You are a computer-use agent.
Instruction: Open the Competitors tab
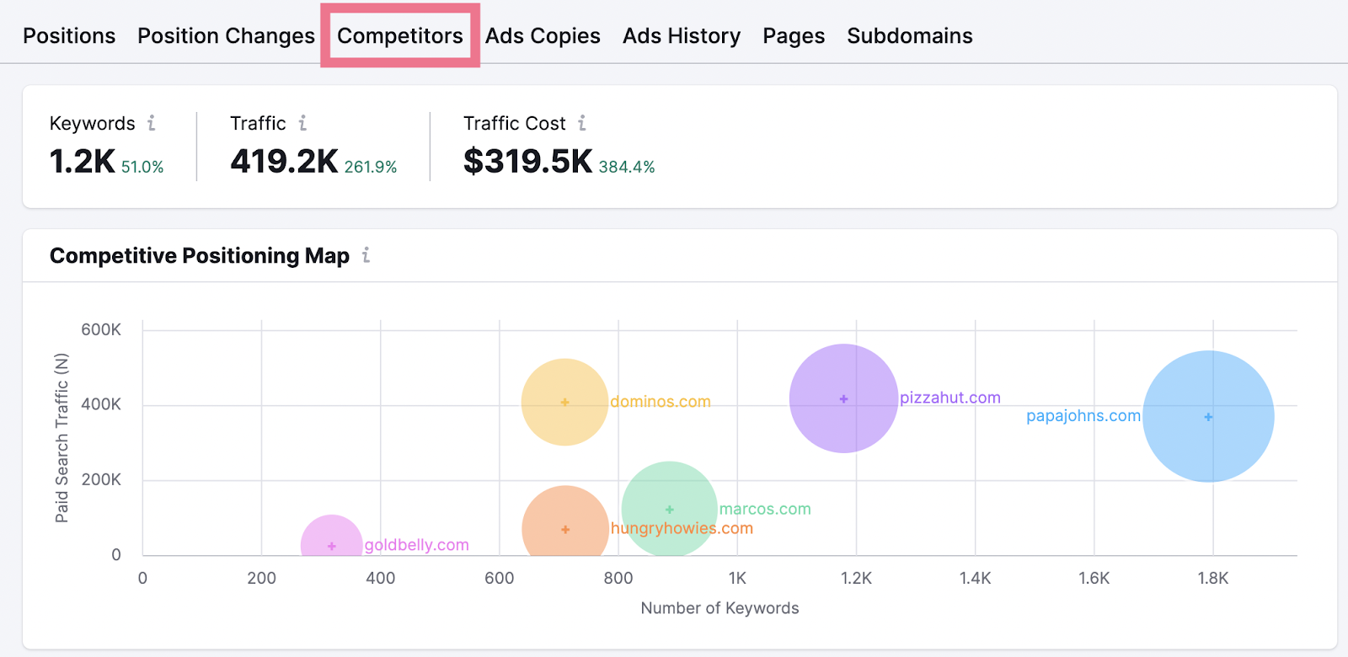coord(399,36)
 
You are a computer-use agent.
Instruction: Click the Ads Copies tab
coord(543,36)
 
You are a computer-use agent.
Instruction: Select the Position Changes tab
coord(226,36)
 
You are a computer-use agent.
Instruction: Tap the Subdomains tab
coord(909,36)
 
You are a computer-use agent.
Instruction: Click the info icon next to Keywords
coord(152,123)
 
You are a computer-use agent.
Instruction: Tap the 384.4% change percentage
coord(627,167)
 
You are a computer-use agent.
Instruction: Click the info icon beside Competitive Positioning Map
coord(366,255)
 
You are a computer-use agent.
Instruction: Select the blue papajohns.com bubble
coord(1208,416)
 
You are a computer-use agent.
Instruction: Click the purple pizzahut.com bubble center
coord(843,398)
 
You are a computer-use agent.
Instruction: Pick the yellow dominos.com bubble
coord(564,402)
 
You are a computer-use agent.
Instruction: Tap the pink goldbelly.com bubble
coord(332,543)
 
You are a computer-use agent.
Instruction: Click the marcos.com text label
coord(765,509)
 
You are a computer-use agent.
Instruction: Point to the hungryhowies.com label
coord(682,528)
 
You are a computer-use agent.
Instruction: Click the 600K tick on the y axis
coord(101,329)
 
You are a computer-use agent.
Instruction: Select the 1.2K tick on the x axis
coord(856,578)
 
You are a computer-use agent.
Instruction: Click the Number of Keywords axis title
coord(719,608)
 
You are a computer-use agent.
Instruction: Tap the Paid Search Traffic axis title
coord(62,438)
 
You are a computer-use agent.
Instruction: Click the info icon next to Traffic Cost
coord(581,123)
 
